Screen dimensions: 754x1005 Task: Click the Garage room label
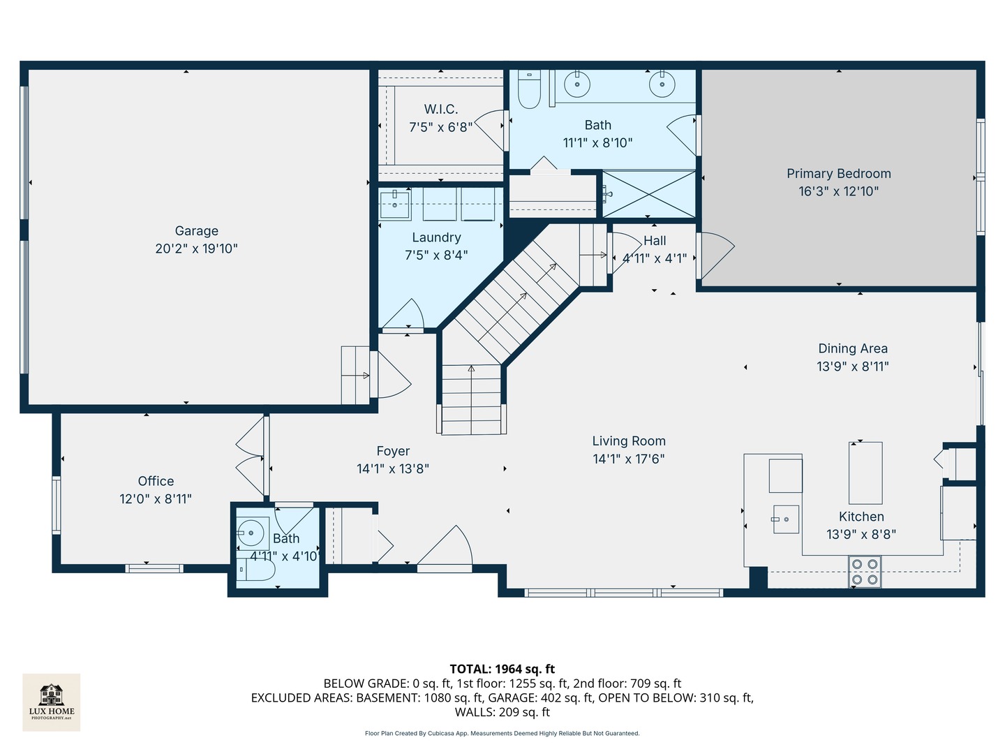[196, 231]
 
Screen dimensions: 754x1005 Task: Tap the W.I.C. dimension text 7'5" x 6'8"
[440, 127]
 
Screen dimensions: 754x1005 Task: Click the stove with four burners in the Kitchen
[865, 572]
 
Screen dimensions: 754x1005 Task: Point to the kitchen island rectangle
[865, 473]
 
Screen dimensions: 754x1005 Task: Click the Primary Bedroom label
[838, 174]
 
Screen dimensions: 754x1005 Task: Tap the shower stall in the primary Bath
[649, 194]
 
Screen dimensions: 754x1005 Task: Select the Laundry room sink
[395, 205]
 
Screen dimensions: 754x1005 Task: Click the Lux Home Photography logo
[52, 702]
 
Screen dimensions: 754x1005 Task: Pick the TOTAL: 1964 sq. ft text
[502, 669]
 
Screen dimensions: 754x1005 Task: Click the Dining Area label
[852, 348]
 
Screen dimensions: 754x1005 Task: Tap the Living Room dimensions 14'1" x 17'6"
[628, 459]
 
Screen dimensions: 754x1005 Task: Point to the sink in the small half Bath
[251, 533]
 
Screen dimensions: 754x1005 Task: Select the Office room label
[156, 481]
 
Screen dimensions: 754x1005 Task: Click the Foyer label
[393, 452]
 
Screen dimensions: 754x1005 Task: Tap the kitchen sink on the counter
[786, 519]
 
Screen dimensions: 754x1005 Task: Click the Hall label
[655, 241]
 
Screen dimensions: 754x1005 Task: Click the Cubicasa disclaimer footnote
[502, 733]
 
